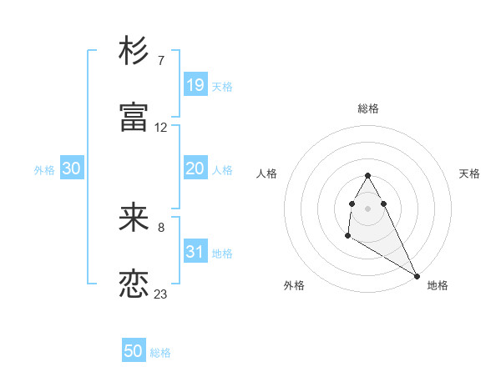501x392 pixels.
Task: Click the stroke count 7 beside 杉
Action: (x=160, y=61)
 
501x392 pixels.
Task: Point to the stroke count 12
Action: (x=161, y=128)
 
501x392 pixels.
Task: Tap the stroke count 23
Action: (x=161, y=294)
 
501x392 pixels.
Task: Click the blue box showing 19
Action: (x=195, y=85)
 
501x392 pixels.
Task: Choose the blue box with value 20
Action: (x=195, y=168)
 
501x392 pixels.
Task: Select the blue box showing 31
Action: (x=195, y=252)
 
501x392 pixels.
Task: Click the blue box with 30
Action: (x=71, y=168)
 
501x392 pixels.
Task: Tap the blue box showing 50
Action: (x=134, y=351)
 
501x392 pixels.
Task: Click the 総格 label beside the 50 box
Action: (x=160, y=353)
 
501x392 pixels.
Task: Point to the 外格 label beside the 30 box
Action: (x=44, y=169)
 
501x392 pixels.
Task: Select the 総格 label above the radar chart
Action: (x=368, y=108)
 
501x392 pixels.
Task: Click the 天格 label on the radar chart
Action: (x=469, y=173)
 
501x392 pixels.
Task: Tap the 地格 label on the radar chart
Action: (x=438, y=285)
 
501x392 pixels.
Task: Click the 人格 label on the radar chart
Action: (x=267, y=173)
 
